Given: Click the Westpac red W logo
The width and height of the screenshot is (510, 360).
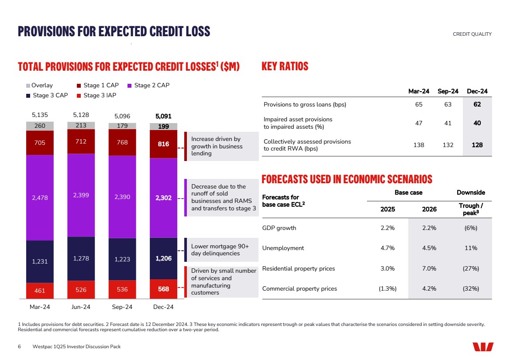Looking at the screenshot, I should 483,346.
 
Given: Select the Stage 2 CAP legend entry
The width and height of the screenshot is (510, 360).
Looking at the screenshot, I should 148,86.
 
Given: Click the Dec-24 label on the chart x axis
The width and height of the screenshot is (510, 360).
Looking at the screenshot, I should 163,307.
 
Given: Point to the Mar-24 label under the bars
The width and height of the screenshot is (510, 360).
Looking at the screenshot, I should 40,307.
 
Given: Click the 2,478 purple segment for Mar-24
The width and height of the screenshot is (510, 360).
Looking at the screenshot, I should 40,198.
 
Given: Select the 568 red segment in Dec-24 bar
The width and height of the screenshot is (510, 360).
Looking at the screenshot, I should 163,288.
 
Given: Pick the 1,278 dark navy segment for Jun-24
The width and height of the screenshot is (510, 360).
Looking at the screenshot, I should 81,258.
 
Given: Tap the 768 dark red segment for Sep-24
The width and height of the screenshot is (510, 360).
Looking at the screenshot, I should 122,142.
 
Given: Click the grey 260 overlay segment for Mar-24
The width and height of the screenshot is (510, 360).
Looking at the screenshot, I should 40,126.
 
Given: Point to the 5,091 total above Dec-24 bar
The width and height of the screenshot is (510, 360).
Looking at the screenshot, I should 163,117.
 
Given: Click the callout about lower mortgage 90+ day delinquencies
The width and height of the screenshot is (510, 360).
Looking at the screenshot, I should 220,250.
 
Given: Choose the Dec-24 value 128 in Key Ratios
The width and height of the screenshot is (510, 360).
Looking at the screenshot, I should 477,145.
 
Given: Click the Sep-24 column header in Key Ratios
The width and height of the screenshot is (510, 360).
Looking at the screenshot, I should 448,91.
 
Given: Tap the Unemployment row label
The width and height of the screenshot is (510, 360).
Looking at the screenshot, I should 283,248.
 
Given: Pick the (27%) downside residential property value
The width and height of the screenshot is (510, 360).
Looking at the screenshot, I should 471,268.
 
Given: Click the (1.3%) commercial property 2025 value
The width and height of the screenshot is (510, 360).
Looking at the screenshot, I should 387,288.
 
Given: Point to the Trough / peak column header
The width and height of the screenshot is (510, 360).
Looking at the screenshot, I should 471,209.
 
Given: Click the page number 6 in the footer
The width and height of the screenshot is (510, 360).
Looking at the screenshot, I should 19,346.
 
